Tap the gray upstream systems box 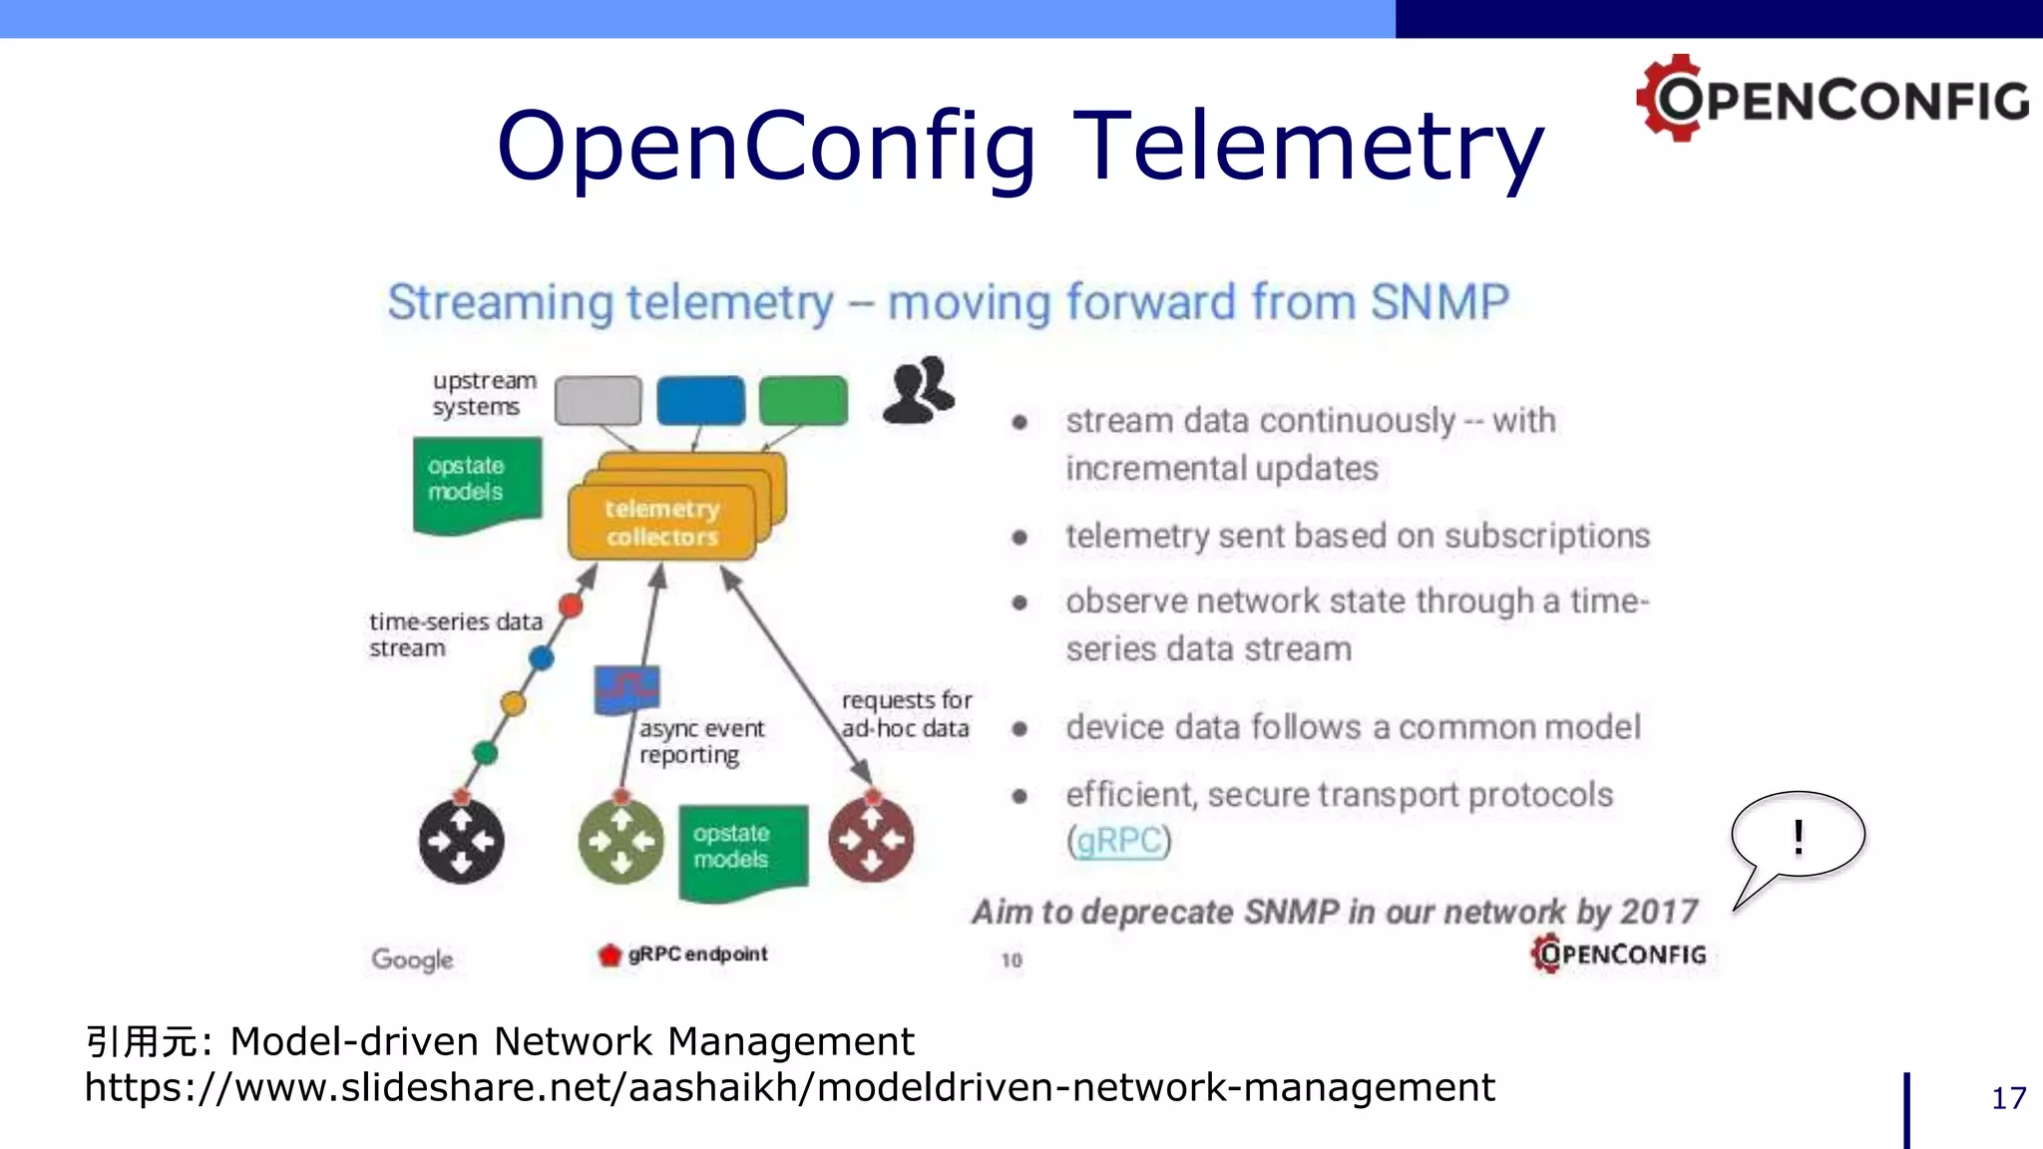598,401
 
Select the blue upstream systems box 700,401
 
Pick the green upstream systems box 803,401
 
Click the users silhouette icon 918,391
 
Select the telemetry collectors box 661,523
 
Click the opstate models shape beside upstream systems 477,484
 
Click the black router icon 461,841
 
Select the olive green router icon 621,842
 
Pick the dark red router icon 871,840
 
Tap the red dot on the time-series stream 571,604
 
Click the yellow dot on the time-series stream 513,703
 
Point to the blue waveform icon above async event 626,687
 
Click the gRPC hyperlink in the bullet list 1118,841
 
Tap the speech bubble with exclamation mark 1798,836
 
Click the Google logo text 412,959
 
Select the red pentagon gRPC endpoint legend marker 610,955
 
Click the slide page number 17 2008,1098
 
